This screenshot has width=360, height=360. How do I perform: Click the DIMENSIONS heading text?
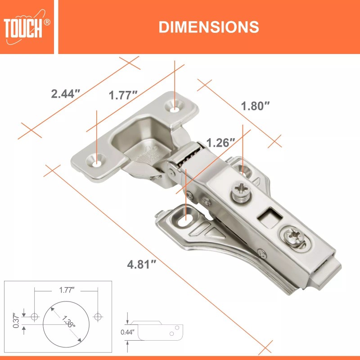pyautogui.click(x=208, y=27)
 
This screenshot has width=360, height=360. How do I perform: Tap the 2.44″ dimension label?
pyautogui.click(x=66, y=94)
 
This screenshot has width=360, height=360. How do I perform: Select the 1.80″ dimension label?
pyautogui.click(x=255, y=106)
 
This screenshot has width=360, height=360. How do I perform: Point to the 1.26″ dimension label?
pyautogui.click(x=220, y=143)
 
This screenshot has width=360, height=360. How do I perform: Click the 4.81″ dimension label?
pyautogui.click(x=141, y=264)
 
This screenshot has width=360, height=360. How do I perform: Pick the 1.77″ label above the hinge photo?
pyautogui.click(x=123, y=95)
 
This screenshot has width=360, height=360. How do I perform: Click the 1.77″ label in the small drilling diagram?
pyautogui.click(x=66, y=290)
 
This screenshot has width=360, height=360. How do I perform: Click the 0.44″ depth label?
pyautogui.click(x=127, y=333)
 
